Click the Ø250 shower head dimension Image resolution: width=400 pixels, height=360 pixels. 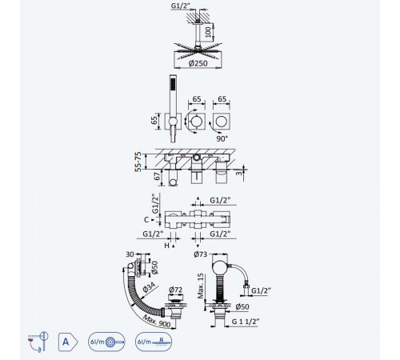198,63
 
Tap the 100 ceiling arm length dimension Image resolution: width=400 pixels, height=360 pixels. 208,31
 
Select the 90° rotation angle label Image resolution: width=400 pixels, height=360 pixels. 222,138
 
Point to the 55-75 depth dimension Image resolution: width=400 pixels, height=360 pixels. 138,162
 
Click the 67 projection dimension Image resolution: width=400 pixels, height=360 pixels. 158,176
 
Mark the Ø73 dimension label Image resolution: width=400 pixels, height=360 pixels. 200,254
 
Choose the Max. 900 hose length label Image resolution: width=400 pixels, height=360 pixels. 157,320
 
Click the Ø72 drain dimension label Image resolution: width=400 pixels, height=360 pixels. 176,290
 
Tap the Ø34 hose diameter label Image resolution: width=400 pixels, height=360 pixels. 149,287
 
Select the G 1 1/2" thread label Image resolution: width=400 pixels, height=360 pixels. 246,322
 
